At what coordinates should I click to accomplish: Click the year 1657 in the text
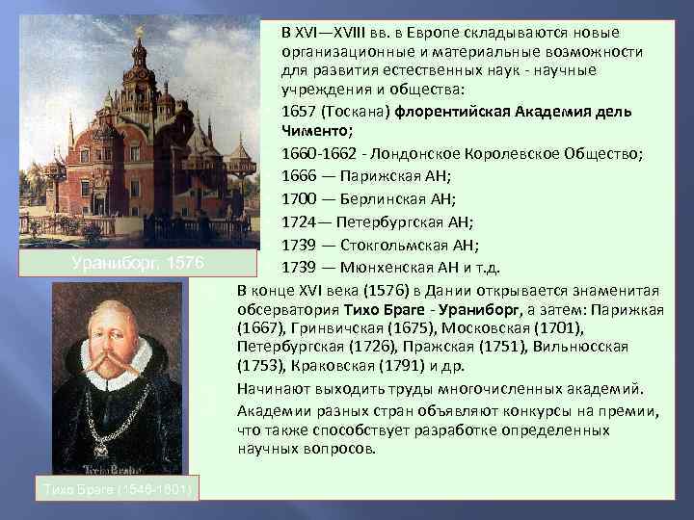coord(300,112)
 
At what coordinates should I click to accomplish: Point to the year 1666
coord(300,175)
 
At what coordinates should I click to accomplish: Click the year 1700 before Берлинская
coord(300,198)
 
